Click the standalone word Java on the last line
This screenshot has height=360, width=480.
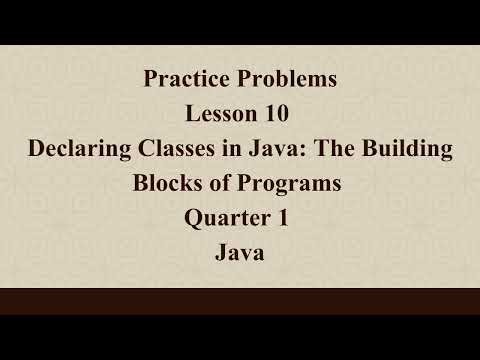point(240,254)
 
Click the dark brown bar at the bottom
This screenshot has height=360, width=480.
point(240,301)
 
